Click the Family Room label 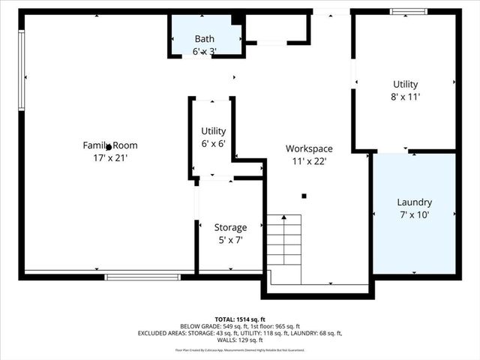(110, 145)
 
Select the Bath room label (204, 39)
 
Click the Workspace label (309, 148)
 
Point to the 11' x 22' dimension (309, 160)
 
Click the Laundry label (414, 202)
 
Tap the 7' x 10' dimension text (414, 215)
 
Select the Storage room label (230, 227)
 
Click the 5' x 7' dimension (230, 240)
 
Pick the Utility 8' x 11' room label (405, 84)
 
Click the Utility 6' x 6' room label (213, 131)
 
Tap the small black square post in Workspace (304, 196)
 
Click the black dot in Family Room (109, 147)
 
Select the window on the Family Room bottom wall (142, 277)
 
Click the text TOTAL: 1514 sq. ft (239, 318)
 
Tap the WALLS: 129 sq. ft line (239, 340)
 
